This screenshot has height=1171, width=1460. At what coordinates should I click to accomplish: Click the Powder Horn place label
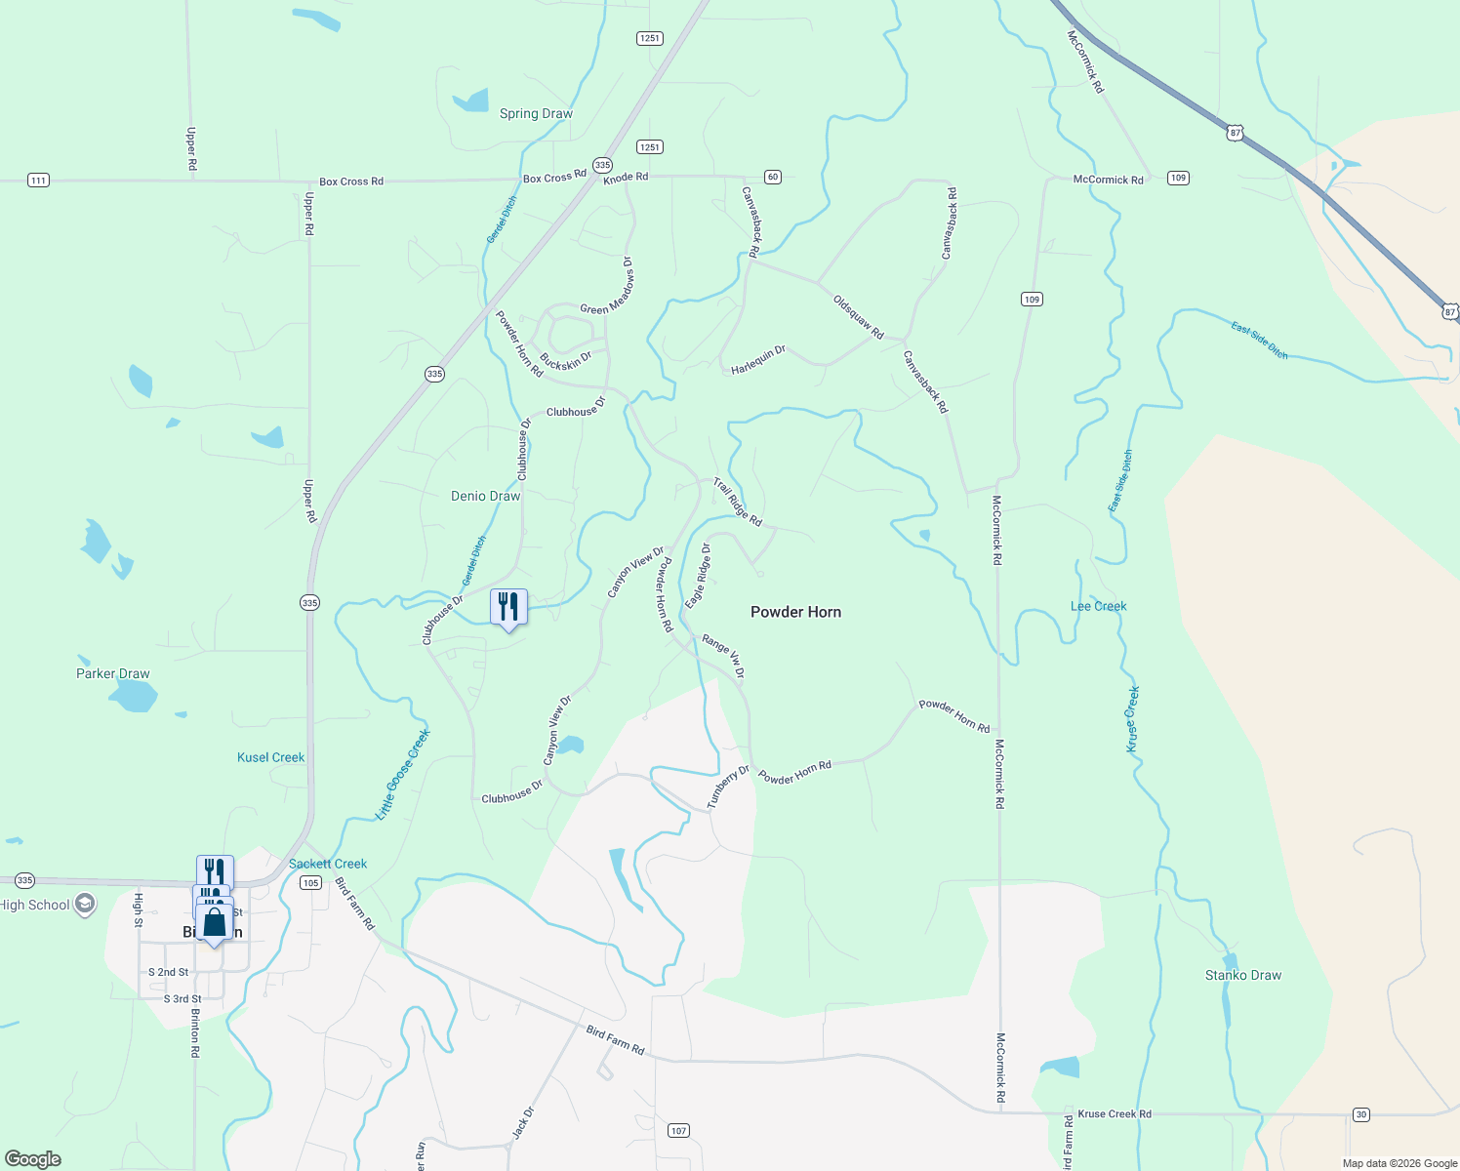795,612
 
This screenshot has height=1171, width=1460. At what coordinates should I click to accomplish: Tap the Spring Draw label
536,113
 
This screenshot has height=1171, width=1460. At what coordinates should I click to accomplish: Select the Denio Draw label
485,496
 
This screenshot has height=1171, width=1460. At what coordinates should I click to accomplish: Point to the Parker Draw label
113,673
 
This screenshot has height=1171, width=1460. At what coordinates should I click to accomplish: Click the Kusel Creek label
270,757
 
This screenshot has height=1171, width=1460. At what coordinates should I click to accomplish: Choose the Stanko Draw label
1242,975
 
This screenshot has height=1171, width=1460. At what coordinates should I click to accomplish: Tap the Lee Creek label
1098,606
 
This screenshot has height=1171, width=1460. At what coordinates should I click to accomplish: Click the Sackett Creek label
328,864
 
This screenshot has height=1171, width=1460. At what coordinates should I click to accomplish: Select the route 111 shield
38,180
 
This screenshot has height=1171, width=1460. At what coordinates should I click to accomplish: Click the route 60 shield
773,177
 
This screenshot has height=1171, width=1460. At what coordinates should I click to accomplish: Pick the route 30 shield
1361,1114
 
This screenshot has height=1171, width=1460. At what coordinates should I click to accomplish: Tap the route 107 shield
678,1130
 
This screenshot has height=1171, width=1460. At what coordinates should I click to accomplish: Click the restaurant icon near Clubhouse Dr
508,607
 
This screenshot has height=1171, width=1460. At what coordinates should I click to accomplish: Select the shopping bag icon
215,922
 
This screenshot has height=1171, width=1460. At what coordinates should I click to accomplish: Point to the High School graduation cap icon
85,904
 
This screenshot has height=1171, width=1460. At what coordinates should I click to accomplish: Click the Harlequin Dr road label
758,360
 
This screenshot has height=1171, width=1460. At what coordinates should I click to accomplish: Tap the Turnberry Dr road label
728,787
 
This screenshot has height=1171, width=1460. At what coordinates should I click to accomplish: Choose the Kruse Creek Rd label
1115,1113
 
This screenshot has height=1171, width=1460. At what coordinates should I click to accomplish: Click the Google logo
33,1159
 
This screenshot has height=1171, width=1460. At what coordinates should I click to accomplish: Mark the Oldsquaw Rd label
858,318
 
